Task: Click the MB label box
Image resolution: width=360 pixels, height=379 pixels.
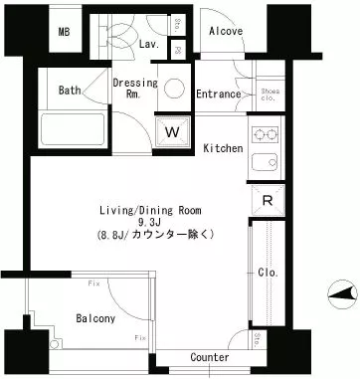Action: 65,32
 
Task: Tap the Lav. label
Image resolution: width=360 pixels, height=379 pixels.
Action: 151,45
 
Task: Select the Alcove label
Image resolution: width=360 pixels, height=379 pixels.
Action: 227,31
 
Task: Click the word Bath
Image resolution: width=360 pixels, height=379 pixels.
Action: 69,91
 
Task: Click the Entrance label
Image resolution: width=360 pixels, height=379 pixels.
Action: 218,95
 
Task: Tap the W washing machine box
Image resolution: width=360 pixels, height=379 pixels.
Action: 172,130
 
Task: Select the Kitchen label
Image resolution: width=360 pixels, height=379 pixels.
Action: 223,148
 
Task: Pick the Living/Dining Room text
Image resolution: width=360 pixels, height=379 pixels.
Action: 149,209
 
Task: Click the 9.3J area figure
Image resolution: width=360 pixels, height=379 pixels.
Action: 149,222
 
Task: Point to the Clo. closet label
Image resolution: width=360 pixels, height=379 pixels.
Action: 267,272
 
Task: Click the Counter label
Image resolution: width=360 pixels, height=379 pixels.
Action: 209,357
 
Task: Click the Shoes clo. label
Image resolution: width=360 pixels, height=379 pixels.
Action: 270,95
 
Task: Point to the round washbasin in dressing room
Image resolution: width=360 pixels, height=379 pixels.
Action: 175,89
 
